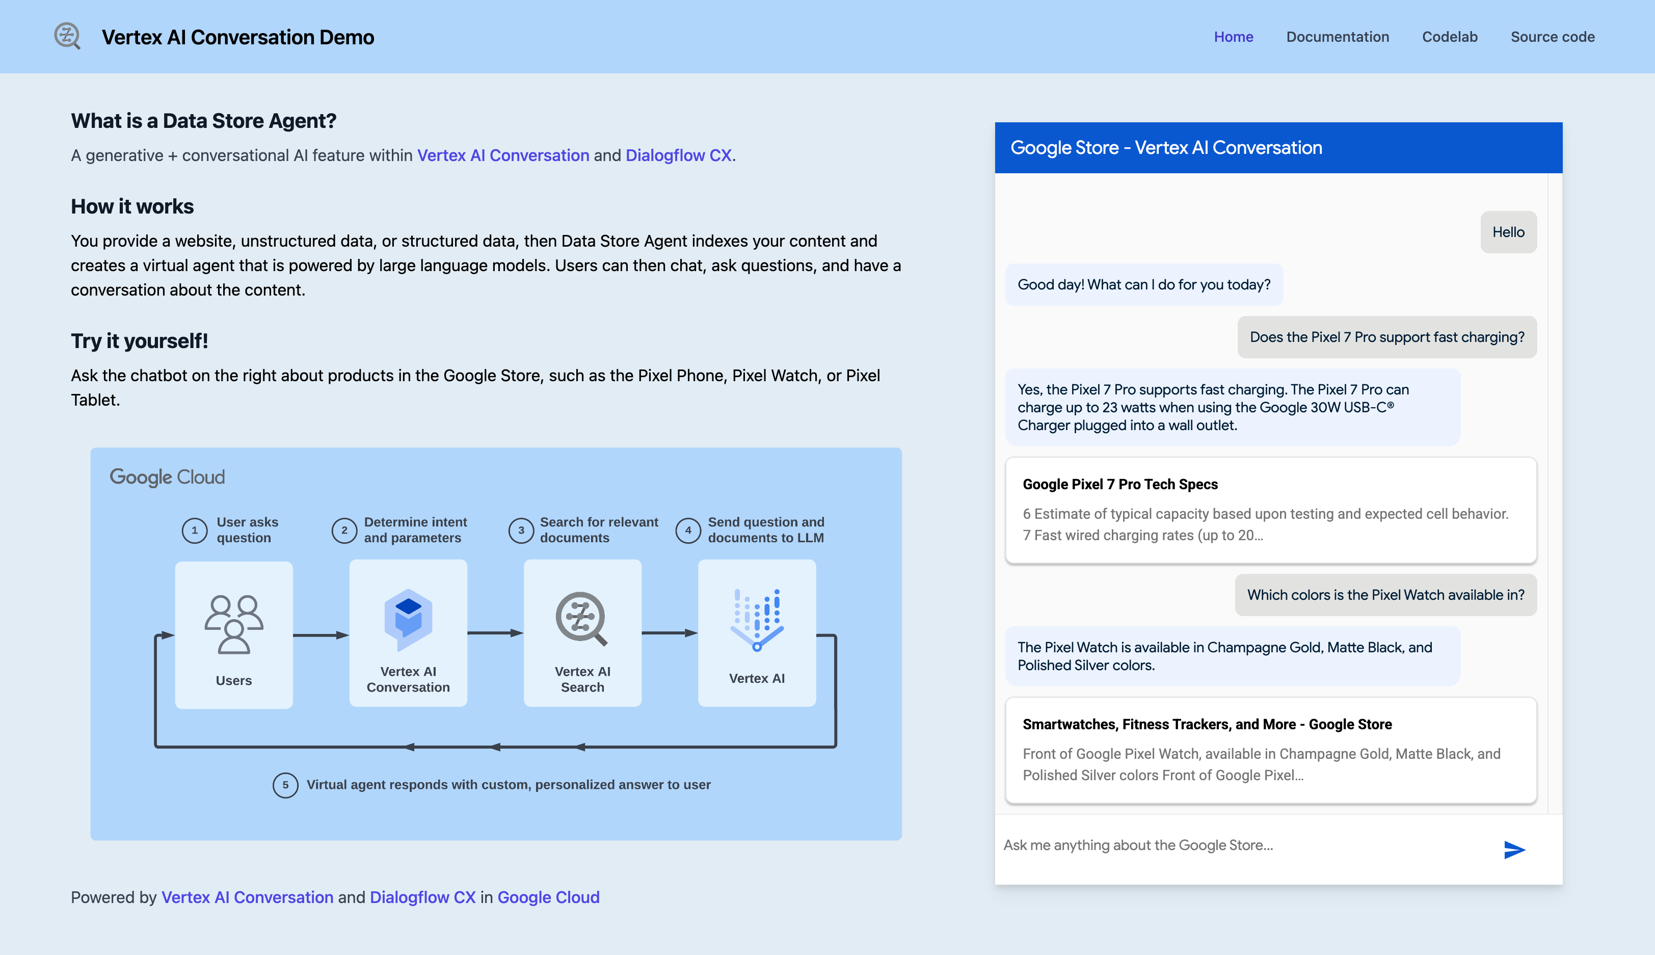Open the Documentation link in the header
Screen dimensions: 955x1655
1337,37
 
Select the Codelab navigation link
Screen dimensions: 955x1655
1449,37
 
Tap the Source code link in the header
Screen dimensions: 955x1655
1552,37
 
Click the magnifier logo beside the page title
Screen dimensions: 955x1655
67,36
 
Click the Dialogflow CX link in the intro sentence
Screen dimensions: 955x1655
678,155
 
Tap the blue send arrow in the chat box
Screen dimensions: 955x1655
1513,850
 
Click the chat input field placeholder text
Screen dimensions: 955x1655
1138,845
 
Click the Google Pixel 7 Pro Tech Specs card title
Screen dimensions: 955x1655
1119,484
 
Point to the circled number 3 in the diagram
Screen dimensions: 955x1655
521,530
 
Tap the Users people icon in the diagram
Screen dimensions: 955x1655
233,624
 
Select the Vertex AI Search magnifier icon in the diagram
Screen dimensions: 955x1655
581,619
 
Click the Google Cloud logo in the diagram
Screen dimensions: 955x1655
167,477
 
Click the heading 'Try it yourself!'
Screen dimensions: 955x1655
139,341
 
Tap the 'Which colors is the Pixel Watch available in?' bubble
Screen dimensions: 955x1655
1385,595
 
